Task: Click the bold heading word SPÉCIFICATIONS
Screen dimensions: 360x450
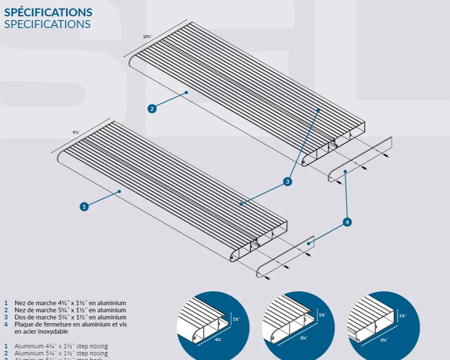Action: pyautogui.click(x=48, y=12)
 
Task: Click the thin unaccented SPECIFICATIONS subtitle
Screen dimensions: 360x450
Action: pyautogui.click(x=47, y=24)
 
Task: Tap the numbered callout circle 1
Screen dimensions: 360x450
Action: pyautogui.click(x=85, y=206)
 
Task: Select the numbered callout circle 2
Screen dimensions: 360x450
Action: pyautogui.click(x=152, y=109)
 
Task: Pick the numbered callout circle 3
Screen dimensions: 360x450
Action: pyautogui.click(x=287, y=182)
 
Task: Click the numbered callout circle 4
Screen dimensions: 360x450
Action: pyautogui.click(x=347, y=222)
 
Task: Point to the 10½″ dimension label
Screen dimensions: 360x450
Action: pyautogui.click(x=147, y=37)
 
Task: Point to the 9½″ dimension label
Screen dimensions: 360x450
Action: pyautogui.click(x=76, y=132)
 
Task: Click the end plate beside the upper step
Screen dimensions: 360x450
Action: pyautogui.click(x=360, y=159)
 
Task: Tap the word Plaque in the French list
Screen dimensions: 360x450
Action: pyautogui.click(x=23, y=324)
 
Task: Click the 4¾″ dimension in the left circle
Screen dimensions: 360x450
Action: pyautogui.click(x=218, y=339)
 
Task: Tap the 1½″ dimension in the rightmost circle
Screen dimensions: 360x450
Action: pyautogui.click(x=402, y=316)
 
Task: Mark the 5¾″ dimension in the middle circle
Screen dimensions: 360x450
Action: pyautogui.click(x=304, y=338)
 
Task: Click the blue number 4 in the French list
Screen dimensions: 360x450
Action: pyautogui.click(x=6, y=324)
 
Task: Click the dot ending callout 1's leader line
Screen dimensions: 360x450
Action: pyautogui.click(x=119, y=191)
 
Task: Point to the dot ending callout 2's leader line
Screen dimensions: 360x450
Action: pyautogui.click(x=186, y=92)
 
